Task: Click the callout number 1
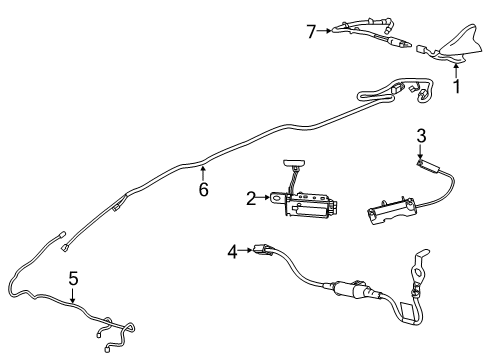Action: [x=458, y=88]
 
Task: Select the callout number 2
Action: [x=251, y=199]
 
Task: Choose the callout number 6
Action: [x=203, y=188]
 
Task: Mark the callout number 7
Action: [x=311, y=31]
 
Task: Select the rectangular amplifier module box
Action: [x=311, y=204]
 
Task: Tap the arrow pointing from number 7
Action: [x=324, y=31]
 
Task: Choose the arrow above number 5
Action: [x=73, y=293]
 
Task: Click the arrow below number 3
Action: [x=422, y=151]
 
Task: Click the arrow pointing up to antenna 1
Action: [x=458, y=70]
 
